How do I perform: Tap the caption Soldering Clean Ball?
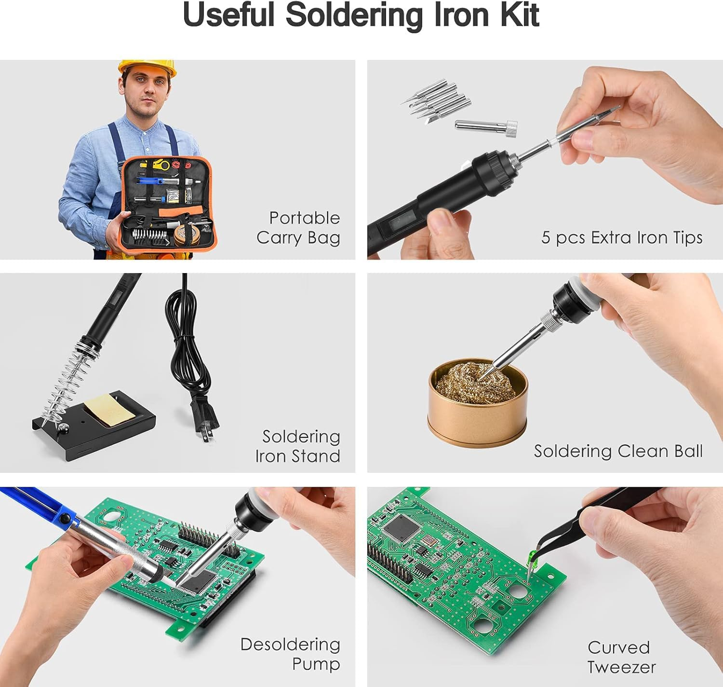618,451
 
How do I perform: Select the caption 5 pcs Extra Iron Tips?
622,237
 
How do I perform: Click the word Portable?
304,218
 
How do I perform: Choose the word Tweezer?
621,667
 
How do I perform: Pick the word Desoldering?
290,645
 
